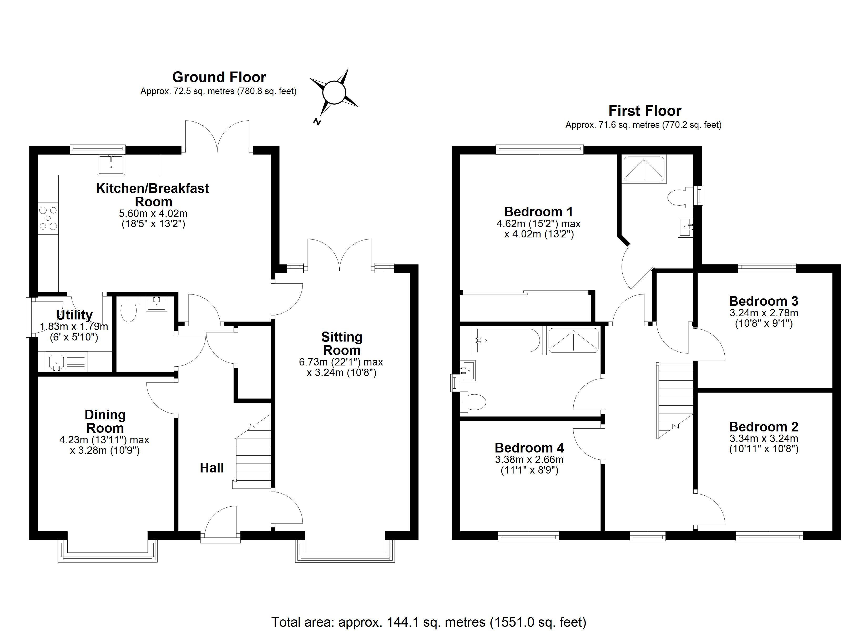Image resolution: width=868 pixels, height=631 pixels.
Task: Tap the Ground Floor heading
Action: click(x=219, y=77)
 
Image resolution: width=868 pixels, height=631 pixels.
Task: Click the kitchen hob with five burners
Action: click(x=48, y=218)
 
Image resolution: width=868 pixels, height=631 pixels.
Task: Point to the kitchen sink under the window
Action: click(x=111, y=165)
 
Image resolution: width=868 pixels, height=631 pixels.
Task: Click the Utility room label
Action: click(x=74, y=315)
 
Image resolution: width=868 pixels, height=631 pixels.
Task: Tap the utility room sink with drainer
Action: click(x=67, y=362)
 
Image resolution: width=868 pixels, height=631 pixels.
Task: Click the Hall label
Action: click(x=212, y=468)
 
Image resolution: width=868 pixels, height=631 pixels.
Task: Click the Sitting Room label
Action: click(x=342, y=343)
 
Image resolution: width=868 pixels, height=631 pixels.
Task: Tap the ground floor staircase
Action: click(x=253, y=455)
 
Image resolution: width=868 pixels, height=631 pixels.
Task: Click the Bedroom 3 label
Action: click(x=764, y=301)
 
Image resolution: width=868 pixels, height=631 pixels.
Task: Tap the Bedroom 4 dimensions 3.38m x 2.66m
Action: click(x=529, y=459)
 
